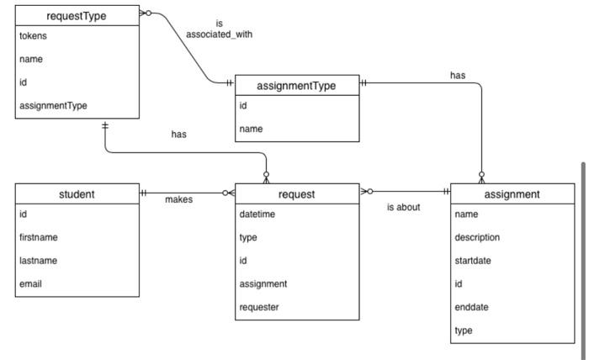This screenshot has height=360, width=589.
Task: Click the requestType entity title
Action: tap(77, 14)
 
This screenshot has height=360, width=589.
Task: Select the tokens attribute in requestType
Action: tap(34, 36)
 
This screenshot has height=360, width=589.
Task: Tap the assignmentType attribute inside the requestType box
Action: tap(52, 105)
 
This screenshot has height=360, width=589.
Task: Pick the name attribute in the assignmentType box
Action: tap(251, 129)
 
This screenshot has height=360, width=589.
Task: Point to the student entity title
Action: tap(77, 194)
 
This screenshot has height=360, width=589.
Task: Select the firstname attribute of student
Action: tap(38, 237)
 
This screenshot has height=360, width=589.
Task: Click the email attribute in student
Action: tap(30, 283)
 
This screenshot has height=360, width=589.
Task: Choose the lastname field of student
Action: tap(38, 261)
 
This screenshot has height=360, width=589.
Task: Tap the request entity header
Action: tap(296, 194)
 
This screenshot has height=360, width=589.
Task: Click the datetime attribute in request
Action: tap(257, 214)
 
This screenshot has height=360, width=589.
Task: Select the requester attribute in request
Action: tap(259, 307)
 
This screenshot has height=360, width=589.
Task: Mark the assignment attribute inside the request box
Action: tap(263, 283)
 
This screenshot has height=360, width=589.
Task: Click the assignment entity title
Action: tap(512, 194)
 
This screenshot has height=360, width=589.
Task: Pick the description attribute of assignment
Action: tap(477, 237)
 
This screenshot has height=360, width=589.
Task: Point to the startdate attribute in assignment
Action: tap(473, 261)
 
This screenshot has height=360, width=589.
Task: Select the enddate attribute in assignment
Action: tap(471, 307)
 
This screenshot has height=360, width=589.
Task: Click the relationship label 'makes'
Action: tap(178, 199)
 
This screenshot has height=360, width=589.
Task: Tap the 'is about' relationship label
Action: tap(403, 207)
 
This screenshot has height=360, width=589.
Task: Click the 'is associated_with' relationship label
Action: tap(219, 29)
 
